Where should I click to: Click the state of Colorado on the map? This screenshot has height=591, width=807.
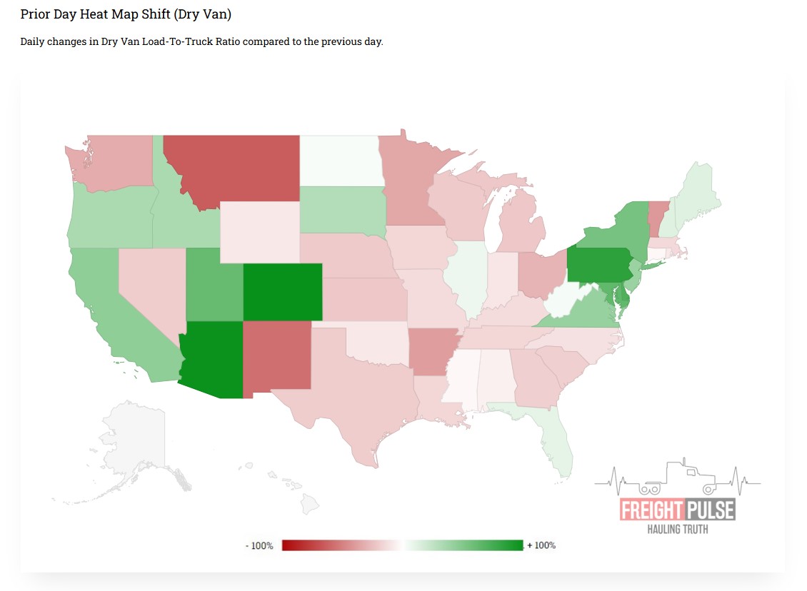click(282, 292)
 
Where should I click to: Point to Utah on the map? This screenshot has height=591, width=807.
click(213, 286)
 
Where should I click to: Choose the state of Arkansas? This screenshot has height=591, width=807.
click(434, 350)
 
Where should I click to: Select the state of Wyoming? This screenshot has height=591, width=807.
click(259, 233)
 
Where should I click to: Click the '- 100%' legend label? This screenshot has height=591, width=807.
click(260, 545)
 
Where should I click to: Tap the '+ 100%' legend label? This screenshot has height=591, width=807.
click(541, 545)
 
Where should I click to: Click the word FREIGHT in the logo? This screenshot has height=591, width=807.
click(652, 510)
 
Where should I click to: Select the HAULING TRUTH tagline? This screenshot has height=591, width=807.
click(678, 529)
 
